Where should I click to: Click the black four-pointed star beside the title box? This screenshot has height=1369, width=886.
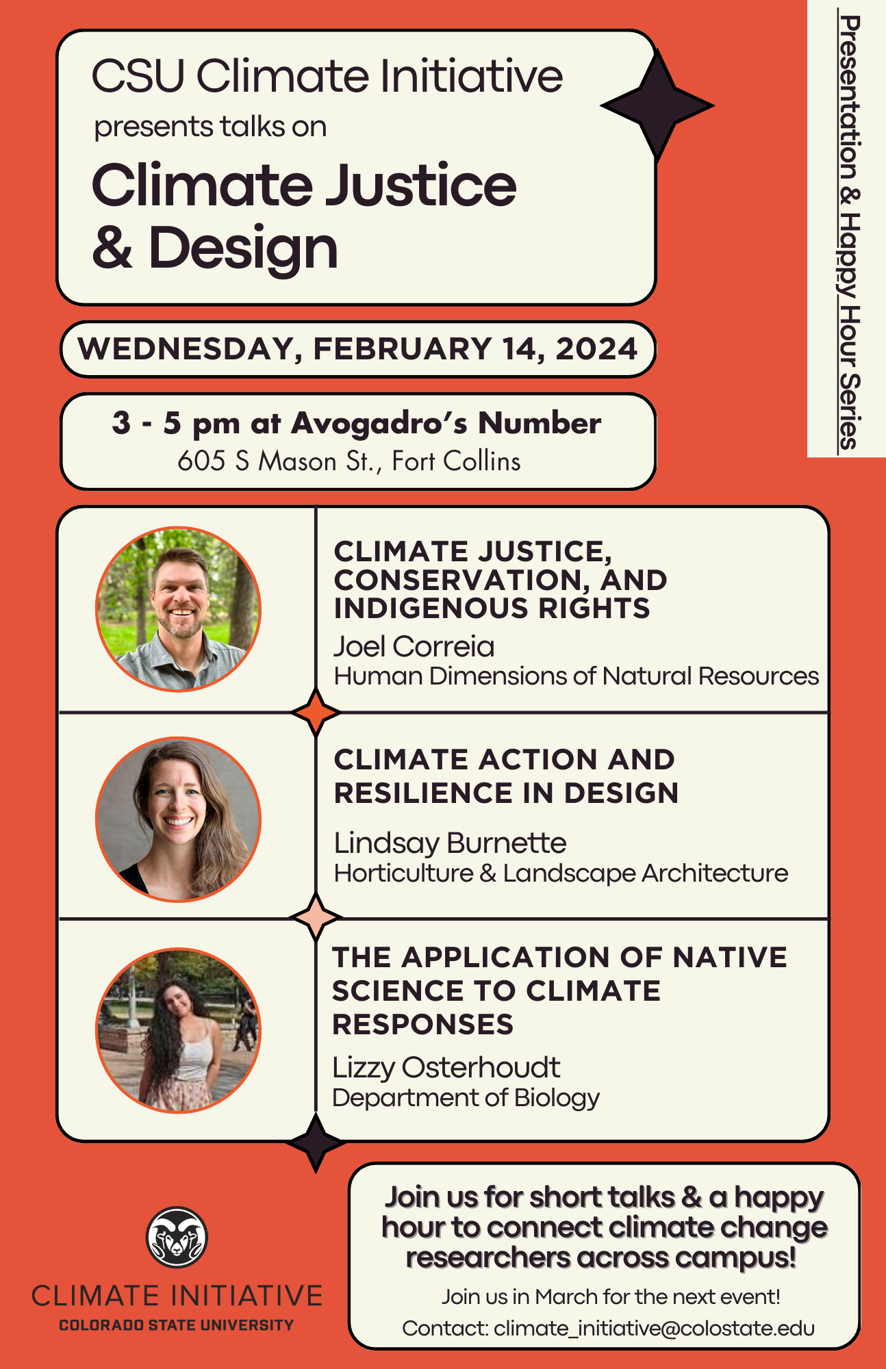click(657, 105)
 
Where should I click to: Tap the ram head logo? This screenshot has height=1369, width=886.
click(177, 1237)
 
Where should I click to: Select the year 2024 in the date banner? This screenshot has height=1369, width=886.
click(596, 348)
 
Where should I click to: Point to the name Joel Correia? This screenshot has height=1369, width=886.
click(414, 646)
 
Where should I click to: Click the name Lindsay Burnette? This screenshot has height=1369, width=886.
click(450, 843)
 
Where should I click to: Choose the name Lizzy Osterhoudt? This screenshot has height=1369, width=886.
click(446, 1067)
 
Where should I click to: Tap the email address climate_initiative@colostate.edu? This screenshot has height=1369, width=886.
click(654, 1329)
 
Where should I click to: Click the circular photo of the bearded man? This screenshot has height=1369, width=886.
click(178, 609)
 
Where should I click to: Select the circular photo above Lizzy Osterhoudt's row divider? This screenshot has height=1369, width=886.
click(178, 819)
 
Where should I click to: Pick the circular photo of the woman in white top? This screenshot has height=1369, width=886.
click(178, 1030)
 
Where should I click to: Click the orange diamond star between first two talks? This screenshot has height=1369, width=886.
click(316, 713)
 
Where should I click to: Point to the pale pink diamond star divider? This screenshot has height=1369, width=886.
click(316, 917)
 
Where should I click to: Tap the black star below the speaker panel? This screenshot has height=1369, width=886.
click(316, 1142)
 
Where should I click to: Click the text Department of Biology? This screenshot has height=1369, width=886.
click(466, 1098)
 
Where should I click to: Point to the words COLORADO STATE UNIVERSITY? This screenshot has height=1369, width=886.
click(177, 1325)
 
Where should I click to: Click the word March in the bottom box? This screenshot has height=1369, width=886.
click(567, 1296)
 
